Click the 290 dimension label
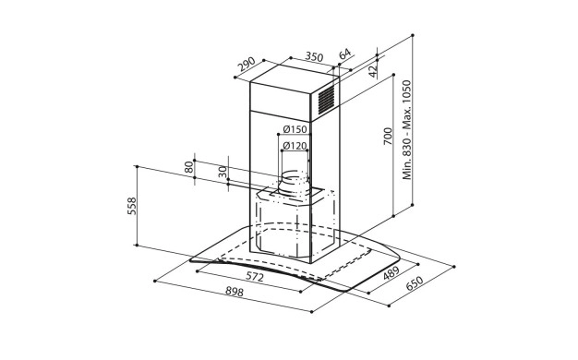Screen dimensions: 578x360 click(x=247, y=64)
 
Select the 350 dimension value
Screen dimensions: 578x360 click(x=315, y=56)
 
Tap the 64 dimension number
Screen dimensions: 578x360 click(x=344, y=54)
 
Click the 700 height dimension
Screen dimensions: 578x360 click(x=388, y=136)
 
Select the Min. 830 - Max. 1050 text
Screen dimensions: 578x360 click(x=406, y=130)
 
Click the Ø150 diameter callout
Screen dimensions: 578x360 click(x=295, y=129)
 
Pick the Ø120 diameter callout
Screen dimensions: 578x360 click(x=295, y=146)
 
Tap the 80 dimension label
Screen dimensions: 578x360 click(x=188, y=167)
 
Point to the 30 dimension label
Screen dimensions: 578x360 click(x=223, y=172)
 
